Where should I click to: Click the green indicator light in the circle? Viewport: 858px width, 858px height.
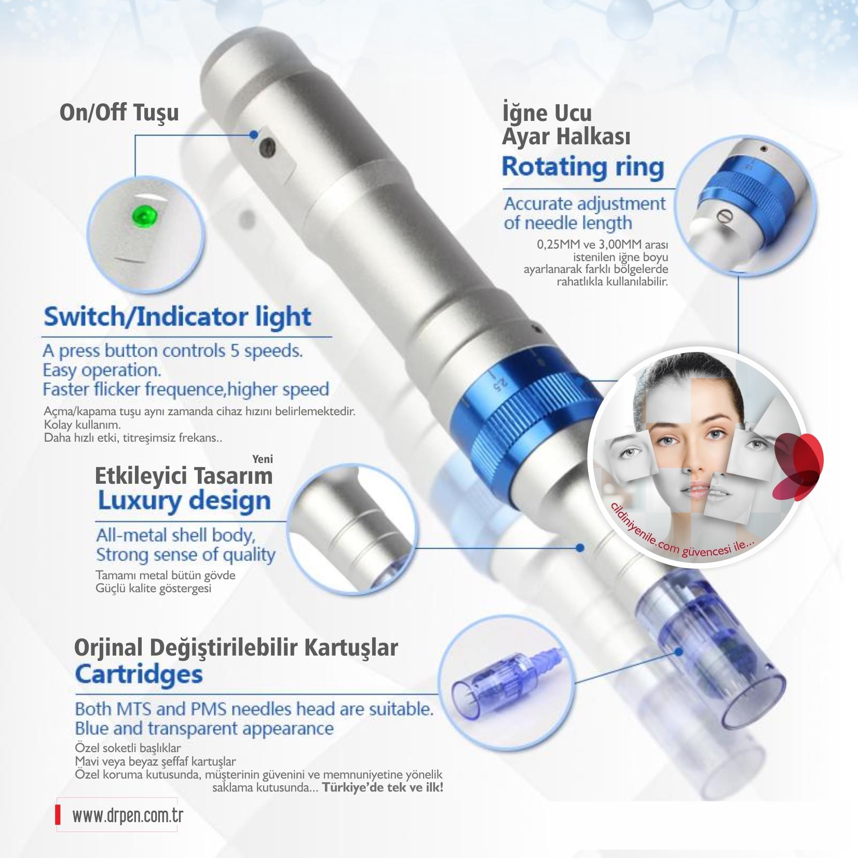tap(145, 214)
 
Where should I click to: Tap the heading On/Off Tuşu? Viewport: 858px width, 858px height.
tap(119, 113)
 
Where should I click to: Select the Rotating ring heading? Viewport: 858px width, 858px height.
tap(583, 168)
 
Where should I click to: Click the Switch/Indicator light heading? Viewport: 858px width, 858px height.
tap(177, 317)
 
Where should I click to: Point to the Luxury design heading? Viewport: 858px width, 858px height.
tap(184, 501)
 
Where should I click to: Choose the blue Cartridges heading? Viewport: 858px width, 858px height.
tap(139, 674)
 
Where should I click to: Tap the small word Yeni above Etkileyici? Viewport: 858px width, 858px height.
tap(262, 459)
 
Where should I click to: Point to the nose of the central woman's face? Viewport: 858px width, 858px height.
tap(690, 459)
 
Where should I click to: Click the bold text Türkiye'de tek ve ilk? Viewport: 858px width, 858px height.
tap(383, 787)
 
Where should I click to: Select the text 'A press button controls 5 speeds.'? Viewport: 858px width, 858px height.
tap(173, 351)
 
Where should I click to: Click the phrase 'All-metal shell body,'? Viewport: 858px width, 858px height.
tap(175, 536)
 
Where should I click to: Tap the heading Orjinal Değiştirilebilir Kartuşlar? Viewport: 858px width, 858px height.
tap(236, 647)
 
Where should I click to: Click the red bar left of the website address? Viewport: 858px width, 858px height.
tap(58, 816)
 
